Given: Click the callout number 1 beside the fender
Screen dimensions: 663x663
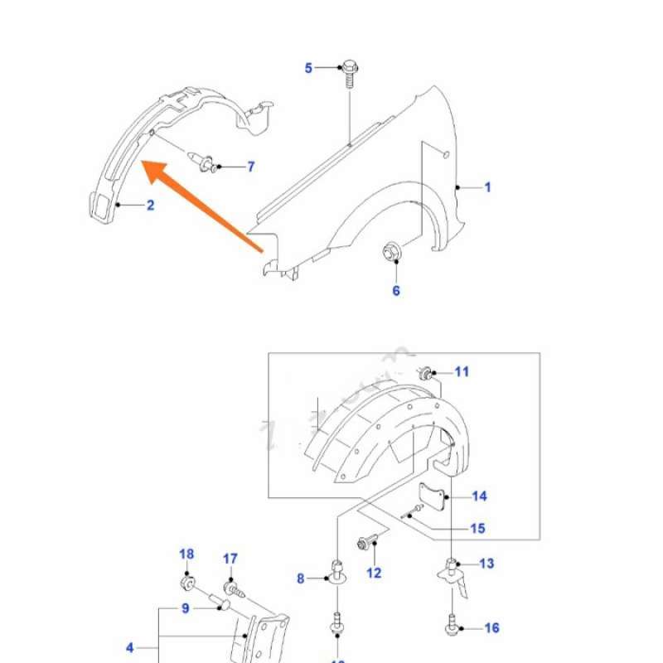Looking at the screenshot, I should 487,188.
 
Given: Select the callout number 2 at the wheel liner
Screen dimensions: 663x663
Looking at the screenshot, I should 150,205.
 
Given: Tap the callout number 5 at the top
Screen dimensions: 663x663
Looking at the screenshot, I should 309,68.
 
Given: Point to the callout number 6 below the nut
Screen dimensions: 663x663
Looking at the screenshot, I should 396,290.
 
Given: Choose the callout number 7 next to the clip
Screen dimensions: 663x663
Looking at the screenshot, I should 251,167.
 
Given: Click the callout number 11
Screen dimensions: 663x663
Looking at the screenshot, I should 462,371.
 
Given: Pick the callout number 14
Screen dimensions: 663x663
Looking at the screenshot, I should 479,496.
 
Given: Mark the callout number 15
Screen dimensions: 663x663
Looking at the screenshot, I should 477,529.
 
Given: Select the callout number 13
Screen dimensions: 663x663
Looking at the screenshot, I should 486,564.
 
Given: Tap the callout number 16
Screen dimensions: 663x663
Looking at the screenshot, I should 491,628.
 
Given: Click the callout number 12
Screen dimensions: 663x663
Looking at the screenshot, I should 374,572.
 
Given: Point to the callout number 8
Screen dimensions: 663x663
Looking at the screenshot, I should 301,578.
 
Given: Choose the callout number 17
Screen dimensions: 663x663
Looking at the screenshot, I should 230,559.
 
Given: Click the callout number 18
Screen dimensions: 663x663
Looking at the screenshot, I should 186,554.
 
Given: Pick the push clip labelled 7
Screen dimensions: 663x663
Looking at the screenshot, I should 206,162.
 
